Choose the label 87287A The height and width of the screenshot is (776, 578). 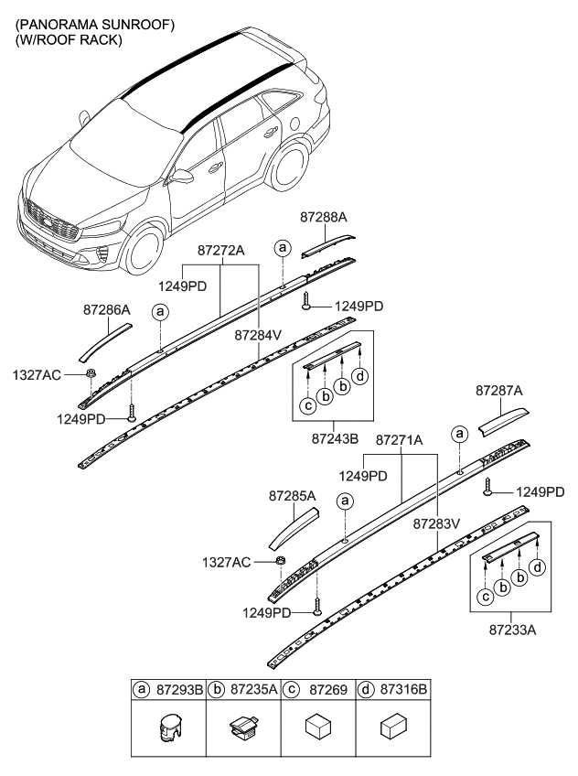point(499,391)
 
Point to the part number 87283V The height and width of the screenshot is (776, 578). point(436,525)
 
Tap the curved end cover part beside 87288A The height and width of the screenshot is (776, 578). point(326,241)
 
